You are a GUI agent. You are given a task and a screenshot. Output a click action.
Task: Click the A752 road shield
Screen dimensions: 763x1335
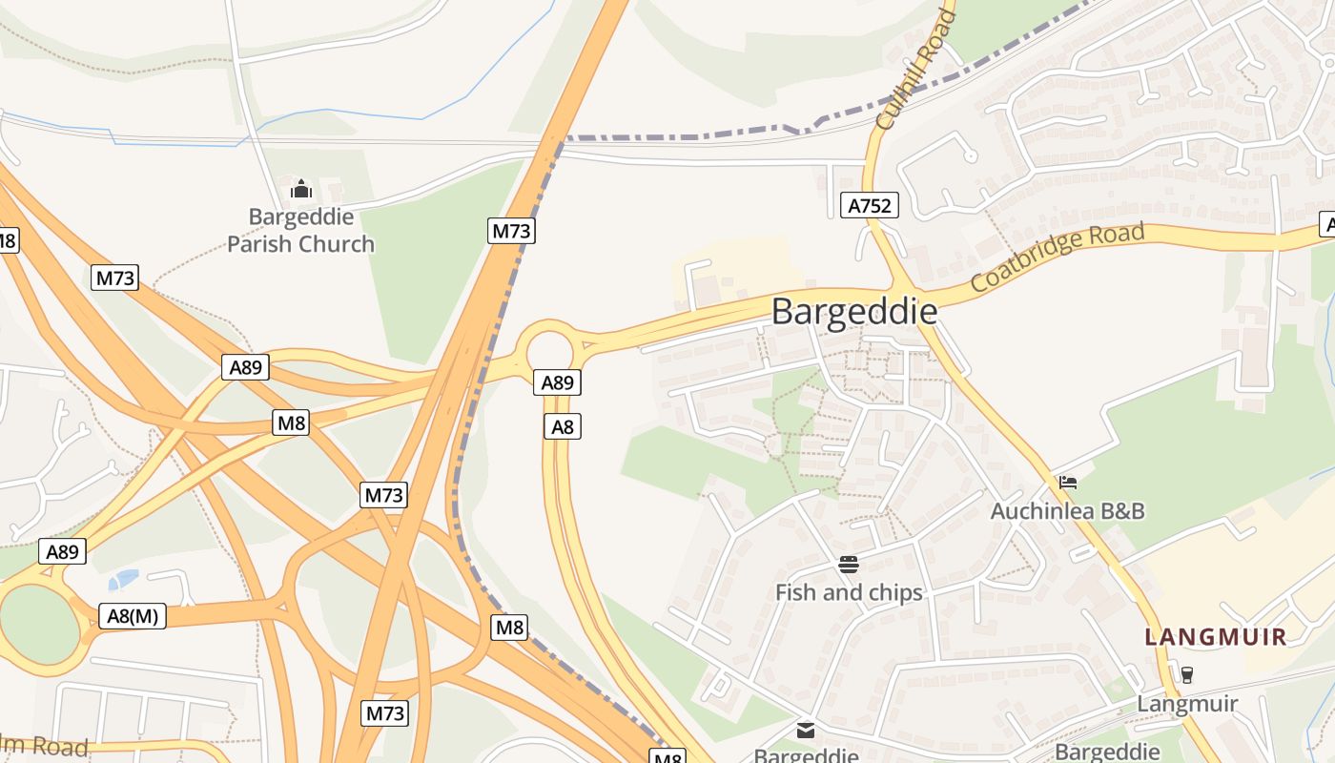870,205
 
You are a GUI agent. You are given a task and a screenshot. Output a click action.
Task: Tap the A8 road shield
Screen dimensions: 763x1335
563,426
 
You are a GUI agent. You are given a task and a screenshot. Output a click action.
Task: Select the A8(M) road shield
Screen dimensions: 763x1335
133,615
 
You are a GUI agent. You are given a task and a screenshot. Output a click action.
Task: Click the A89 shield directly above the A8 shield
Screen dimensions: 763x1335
557,382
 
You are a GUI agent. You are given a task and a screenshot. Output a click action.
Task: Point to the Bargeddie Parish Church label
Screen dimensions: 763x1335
300,231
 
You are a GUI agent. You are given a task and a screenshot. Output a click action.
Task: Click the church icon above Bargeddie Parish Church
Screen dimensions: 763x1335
301,189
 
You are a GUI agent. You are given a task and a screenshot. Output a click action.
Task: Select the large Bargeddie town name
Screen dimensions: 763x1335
853,312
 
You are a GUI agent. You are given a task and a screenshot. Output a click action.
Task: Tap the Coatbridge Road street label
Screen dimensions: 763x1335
1057,258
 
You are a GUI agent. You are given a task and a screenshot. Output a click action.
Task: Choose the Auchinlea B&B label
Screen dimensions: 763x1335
1067,510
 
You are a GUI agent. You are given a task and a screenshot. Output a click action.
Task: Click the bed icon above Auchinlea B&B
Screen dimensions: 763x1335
1068,483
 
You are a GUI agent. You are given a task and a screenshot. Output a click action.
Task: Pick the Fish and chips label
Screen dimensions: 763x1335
849,592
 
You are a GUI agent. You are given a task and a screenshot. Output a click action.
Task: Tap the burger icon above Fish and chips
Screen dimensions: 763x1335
849,565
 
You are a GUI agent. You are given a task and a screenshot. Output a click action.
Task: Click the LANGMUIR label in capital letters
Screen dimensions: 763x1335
1216,637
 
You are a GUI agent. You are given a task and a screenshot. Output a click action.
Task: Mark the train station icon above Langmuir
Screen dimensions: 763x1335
1187,674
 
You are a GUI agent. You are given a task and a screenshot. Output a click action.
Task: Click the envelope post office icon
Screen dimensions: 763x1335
806,731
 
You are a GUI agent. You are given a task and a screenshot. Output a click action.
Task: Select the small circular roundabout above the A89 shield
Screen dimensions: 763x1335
548,347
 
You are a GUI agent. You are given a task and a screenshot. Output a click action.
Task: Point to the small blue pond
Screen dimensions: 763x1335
124,579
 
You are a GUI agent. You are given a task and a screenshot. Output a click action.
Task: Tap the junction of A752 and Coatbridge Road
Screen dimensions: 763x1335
902,287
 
